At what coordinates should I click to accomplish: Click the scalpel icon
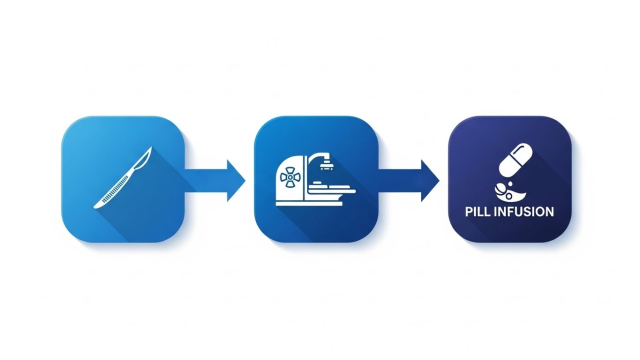tap(123, 178)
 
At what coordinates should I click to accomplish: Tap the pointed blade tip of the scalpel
tap(151, 147)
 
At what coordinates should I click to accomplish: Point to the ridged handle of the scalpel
tap(112, 191)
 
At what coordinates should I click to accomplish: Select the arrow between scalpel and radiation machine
tap(215, 180)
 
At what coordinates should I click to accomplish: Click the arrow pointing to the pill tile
tap(409, 180)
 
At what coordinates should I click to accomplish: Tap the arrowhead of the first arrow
tap(236, 180)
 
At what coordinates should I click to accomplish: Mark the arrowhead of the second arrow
tap(430, 180)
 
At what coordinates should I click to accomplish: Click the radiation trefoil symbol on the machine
tap(290, 178)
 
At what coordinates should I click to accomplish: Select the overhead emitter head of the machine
tap(326, 166)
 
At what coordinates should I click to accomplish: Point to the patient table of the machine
tap(331, 189)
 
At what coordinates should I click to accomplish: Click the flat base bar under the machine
tap(309, 203)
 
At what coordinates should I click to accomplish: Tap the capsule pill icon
tap(516, 160)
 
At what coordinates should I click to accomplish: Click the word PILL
tap(478, 212)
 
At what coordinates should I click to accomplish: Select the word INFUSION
tap(524, 212)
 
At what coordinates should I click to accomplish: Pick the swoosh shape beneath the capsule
tap(510, 195)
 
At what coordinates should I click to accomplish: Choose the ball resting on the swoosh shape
tap(501, 189)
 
